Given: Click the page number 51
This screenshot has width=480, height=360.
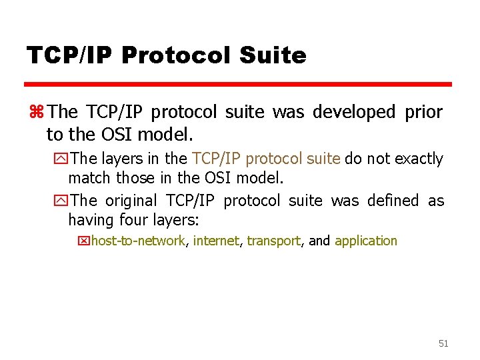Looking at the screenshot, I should (443, 343).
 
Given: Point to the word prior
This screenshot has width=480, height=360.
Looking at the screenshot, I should (423, 113).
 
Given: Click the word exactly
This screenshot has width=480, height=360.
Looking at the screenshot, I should (419, 159).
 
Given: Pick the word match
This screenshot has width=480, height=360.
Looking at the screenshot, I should (90, 179).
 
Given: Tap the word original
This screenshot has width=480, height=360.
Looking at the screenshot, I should (131, 201).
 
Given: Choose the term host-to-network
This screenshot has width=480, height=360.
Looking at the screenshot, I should (138, 241).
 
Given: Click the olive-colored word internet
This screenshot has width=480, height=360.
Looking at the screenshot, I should (216, 241).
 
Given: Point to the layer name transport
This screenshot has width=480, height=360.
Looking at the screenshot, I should (273, 241).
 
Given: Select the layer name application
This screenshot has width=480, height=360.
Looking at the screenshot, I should (365, 241).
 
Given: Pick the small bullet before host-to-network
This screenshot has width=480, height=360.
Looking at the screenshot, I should (84, 241).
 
